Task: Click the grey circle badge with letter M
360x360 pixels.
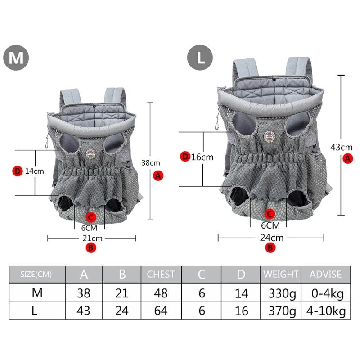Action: coord(16,58)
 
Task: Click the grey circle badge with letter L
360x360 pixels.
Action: coord(201,58)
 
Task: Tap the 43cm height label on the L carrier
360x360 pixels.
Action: coord(342,147)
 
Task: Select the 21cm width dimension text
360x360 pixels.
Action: coord(92,238)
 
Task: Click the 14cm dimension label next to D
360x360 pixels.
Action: coord(34,171)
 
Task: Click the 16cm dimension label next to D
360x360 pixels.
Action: coord(202,157)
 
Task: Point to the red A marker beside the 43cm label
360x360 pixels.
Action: coord(347,158)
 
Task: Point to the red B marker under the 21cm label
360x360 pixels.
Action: coord(91,247)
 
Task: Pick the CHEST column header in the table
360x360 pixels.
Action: coord(161,274)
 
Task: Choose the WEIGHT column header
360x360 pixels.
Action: coord(281,274)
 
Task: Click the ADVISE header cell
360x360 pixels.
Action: coord(326,274)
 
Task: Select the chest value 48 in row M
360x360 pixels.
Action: coord(161,293)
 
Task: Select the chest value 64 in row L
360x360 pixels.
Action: coord(161,310)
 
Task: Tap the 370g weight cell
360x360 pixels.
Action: coord(281,310)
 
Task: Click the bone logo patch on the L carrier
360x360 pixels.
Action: coord(271,137)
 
